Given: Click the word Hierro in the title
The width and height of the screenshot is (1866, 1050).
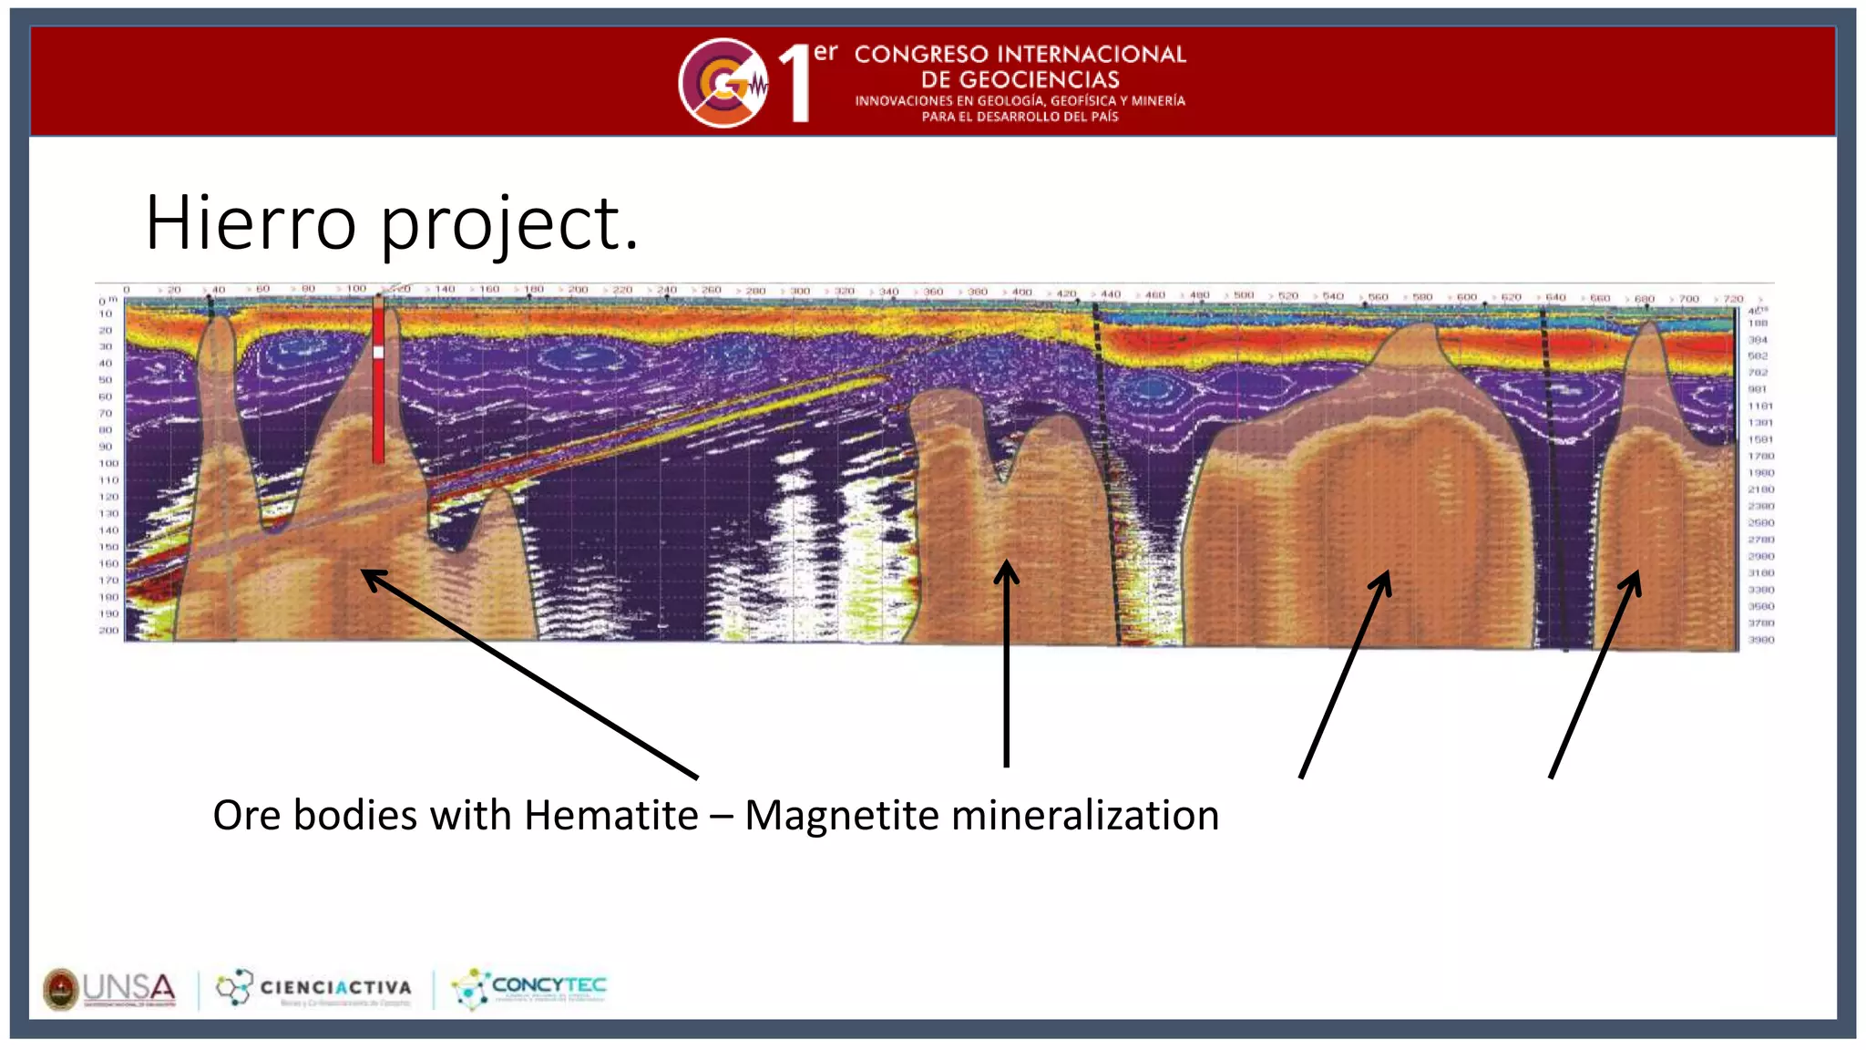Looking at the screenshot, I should point(251,223).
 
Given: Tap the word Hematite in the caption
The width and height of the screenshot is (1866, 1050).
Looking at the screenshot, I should point(610,815).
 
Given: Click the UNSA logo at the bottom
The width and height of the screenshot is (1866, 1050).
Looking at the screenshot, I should point(110,989).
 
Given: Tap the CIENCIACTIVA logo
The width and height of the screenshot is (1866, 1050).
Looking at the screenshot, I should point(314,988).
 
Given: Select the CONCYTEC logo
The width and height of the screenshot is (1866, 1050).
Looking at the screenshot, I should point(529,988).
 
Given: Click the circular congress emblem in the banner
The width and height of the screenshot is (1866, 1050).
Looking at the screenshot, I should point(723,83).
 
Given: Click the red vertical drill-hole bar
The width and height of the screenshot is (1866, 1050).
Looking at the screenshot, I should point(378,401).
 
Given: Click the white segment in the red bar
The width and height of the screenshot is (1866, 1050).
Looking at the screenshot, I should point(378,352).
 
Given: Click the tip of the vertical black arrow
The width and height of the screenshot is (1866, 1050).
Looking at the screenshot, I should point(1006,563).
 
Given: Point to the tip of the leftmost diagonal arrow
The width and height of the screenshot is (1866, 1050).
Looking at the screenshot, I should point(364,571).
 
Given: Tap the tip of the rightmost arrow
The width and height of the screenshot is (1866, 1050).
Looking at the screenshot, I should point(1636,573).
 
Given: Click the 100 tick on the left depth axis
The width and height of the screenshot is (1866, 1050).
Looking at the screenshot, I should point(108,463).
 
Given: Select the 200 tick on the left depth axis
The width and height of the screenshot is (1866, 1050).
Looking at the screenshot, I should point(108,630).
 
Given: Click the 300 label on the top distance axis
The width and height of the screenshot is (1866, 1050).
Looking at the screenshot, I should point(799,291).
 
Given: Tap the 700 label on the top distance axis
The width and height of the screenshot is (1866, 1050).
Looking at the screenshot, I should point(1688,299).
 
